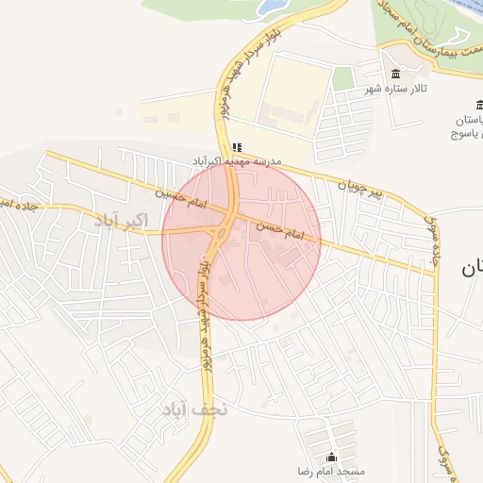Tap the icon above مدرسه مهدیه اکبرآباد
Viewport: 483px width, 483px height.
point(237,147)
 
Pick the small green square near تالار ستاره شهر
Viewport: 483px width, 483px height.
point(343,77)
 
